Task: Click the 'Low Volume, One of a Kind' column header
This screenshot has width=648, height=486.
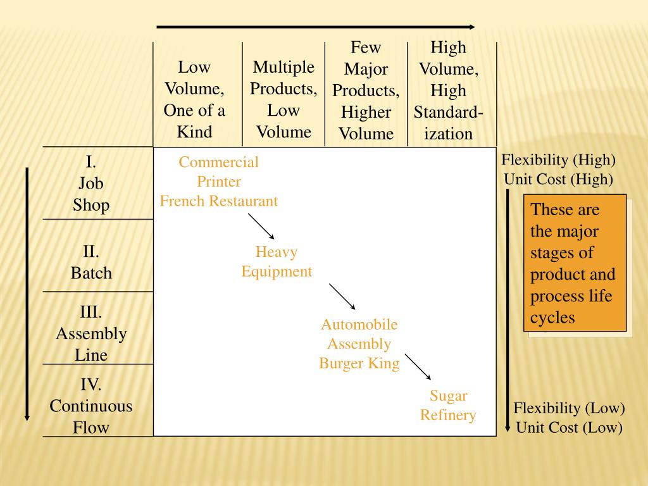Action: click(x=194, y=99)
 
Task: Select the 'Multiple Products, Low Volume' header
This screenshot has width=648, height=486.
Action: click(x=283, y=99)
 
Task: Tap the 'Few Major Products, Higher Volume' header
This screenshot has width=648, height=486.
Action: click(x=366, y=90)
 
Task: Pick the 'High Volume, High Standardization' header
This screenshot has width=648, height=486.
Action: click(x=448, y=90)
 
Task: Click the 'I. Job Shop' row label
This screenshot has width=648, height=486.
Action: click(x=91, y=184)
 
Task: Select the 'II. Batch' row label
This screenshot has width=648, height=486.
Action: click(x=91, y=263)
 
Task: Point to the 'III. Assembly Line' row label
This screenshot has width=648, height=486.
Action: click(x=91, y=333)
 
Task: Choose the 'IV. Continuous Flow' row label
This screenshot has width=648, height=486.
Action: click(x=91, y=406)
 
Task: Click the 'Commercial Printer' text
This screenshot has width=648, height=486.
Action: click(x=218, y=172)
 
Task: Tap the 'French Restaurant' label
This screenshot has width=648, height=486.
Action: click(x=218, y=202)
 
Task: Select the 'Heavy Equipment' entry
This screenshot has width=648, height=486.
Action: click(x=277, y=262)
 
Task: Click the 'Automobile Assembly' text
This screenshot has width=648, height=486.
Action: click(x=359, y=334)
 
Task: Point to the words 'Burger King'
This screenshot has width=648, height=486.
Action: click(x=359, y=364)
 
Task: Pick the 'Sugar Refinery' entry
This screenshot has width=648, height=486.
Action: click(x=448, y=406)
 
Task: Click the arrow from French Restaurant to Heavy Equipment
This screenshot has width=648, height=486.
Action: click(x=261, y=226)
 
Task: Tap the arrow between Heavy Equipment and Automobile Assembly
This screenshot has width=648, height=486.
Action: click(x=342, y=296)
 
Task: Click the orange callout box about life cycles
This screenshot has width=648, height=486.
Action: click(x=575, y=263)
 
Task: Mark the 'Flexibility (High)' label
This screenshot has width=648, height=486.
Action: click(x=558, y=160)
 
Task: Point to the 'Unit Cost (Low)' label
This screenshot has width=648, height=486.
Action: click(x=569, y=428)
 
